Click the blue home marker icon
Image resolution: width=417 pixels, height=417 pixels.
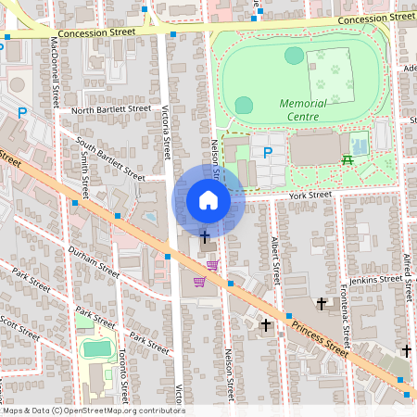click(x=208, y=200)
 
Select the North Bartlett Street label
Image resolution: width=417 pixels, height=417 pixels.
click(x=110, y=109)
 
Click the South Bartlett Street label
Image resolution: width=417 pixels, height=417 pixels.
click(x=110, y=158)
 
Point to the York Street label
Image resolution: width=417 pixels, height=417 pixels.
click(x=310, y=196)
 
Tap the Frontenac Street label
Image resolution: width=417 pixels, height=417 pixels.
click(x=344, y=310)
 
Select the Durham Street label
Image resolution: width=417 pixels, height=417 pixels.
click(x=94, y=262)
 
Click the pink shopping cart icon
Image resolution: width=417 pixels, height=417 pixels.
click(x=199, y=282)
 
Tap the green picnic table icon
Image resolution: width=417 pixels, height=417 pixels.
click(x=348, y=159)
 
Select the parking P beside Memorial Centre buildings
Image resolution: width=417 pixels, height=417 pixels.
click(x=268, y=152)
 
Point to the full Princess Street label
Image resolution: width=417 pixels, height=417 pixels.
click(x=320, y=339)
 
